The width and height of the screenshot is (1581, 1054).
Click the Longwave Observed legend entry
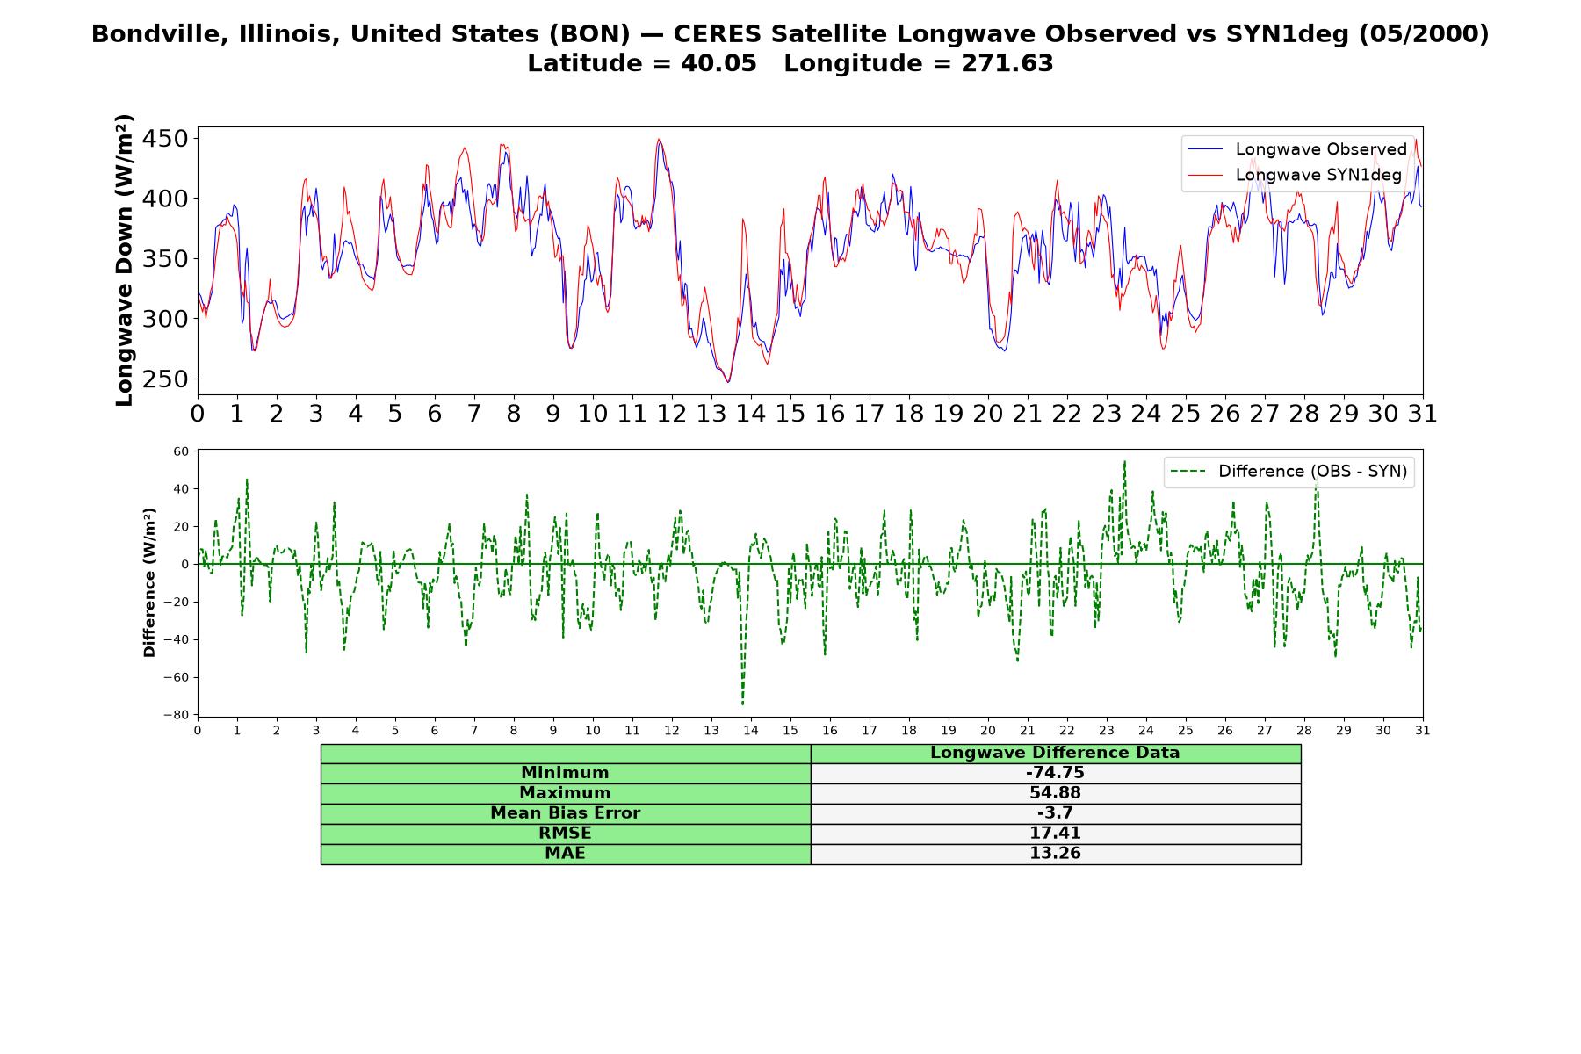tap(1296, 149)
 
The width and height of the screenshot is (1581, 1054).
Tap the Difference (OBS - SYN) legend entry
tap(1289, 472)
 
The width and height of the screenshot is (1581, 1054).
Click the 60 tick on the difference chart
tap(181, 451)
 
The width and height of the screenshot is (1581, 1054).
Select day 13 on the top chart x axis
tap(711, 414)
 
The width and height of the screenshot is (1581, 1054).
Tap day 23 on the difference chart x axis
tap(1107, 730)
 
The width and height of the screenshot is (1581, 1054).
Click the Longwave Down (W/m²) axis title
tap(124, 260)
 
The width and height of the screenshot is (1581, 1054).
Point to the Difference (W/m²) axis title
tap(149, 582)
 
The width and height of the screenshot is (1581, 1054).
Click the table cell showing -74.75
tap(1055, 773)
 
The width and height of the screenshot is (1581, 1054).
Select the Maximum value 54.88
tap(1055, 793)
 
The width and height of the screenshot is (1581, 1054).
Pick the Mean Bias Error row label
tap(565, 813)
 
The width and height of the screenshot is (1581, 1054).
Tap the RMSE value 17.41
tap(1055, 834)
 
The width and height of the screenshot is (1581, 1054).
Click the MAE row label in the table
tap(565, 854)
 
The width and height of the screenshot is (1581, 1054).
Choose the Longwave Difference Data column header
tap(1055, 753)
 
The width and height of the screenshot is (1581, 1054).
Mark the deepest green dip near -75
tap(742, 704)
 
